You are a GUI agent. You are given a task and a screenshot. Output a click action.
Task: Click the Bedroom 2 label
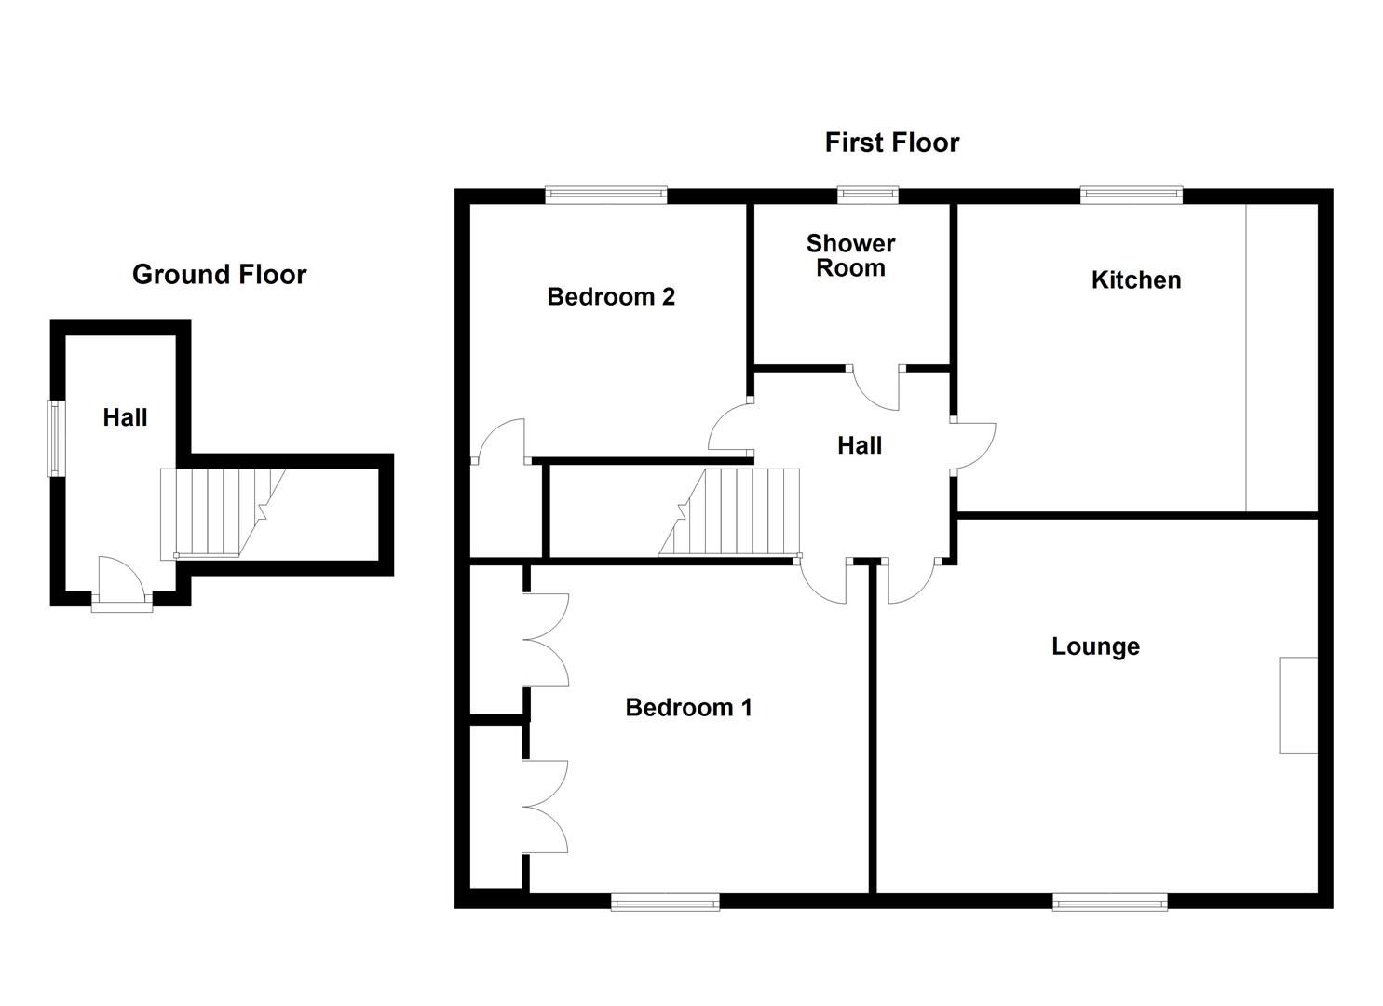[x=610, y=297]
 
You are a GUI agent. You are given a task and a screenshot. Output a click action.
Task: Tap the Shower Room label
[x=850, y=256]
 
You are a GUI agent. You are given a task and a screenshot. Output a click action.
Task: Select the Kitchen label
[x=1135, y=280]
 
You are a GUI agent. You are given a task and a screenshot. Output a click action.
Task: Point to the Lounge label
[x=1095, y=646]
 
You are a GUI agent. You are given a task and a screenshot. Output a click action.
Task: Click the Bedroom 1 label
[x=688, y=708]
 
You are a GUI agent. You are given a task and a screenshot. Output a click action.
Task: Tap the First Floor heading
[x=891, y=143]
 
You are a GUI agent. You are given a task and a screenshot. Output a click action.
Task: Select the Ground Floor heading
[x=219, y=275]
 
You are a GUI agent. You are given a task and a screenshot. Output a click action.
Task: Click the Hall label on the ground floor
[x=125, y=417]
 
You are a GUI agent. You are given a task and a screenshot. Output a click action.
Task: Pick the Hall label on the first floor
[x=859, y=446]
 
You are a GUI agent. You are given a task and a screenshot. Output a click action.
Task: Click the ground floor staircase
[x=219, y=513]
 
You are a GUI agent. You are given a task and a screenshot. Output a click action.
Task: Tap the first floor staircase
[x=736, y=512]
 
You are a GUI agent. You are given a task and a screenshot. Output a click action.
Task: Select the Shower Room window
[x=867, y=194]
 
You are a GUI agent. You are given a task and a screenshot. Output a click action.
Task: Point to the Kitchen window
[x=1131, y=194]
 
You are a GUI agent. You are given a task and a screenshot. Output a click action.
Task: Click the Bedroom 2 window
[x=605, y=194]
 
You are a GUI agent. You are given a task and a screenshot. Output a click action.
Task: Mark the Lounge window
[x=1109, y=901]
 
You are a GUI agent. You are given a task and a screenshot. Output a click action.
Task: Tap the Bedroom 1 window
[x=665, y=901]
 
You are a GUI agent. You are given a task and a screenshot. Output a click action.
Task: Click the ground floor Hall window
[x=56, y=438]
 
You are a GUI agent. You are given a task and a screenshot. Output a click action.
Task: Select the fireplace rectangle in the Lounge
[x=1298, y=705]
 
